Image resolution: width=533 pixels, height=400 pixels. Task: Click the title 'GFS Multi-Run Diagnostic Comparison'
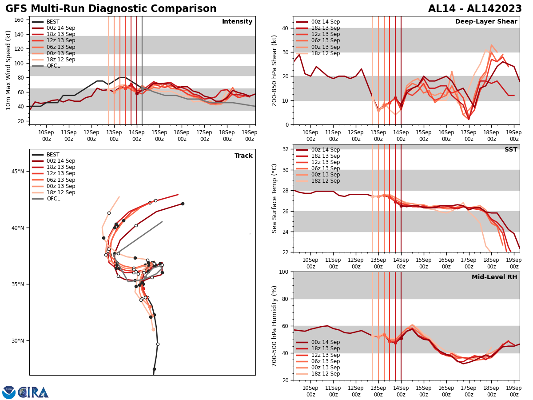(111, 9)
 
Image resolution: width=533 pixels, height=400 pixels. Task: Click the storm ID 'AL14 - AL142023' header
(475, 9)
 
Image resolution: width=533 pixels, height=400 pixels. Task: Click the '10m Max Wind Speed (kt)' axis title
(8, 70)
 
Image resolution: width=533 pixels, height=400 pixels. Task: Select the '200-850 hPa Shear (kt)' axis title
(274, 70)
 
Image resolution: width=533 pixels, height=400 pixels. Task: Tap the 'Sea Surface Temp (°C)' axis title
(274, 198)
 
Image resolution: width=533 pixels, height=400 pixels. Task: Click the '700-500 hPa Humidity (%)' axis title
(274, 326)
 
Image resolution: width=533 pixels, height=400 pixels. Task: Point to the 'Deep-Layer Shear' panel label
(486, 22)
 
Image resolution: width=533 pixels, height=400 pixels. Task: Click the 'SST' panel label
(510, 150)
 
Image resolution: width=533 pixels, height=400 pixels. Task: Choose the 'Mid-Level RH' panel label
(494, 277)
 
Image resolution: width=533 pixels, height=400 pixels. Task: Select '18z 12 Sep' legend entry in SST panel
(326, 181)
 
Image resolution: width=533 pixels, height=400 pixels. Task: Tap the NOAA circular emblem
(9, 392)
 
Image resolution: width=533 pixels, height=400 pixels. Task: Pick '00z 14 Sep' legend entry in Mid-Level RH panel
(326, 342)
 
